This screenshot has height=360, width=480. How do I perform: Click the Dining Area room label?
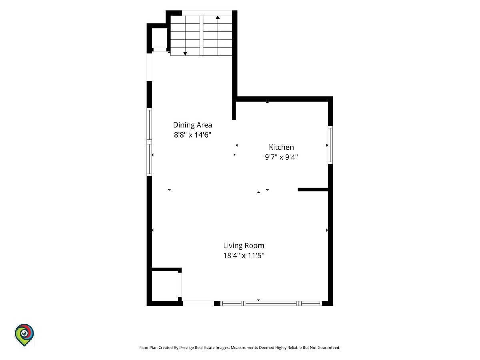point(192,125)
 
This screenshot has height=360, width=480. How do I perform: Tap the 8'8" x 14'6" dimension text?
point(192,135)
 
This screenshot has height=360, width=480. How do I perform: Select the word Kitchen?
point(281,147)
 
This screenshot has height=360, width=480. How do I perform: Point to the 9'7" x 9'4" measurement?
point(281,157)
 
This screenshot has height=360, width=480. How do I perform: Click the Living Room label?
point(244,246)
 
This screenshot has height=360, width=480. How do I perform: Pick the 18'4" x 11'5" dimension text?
point(244,255)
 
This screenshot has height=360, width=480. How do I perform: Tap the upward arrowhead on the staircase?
point(218,17)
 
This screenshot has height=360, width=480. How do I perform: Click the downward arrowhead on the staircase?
point(185,54)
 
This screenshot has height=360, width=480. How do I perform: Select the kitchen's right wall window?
point(330,145)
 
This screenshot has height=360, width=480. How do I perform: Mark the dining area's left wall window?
point(149,142)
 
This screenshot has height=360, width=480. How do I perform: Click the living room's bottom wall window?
point(271,303)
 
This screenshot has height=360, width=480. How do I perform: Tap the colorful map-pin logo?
point(24,334)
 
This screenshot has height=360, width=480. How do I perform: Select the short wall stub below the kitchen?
point(313,190)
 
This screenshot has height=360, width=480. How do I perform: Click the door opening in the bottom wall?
point(198,303)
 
